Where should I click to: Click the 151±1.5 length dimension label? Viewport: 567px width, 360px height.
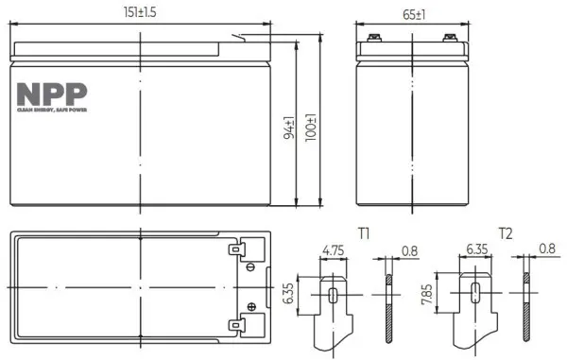pyautogui.click(x=140, y=12)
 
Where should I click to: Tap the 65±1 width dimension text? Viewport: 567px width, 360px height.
pyautogui.click(x=414, y=15)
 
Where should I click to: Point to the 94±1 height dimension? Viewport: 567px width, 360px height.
pyautogui.click(x=289, y=128)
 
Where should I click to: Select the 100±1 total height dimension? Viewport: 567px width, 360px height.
pyautogui.click(x=311, y=128)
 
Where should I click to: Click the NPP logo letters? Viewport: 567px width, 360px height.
pyautogui.click(x=52, y=94)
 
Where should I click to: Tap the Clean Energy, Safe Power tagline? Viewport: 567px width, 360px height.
pyautogui.click(x=52, y=110)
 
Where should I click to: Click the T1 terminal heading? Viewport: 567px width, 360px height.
pyautogui.click(x=364, y=233)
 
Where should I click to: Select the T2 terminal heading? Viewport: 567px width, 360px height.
pyautogui.click(x=506, y=233)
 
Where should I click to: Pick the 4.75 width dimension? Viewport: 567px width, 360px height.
pyautogui.click(x=334, y=250)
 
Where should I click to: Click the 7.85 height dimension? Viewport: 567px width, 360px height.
pyautogui.click(x=427, y=294)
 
